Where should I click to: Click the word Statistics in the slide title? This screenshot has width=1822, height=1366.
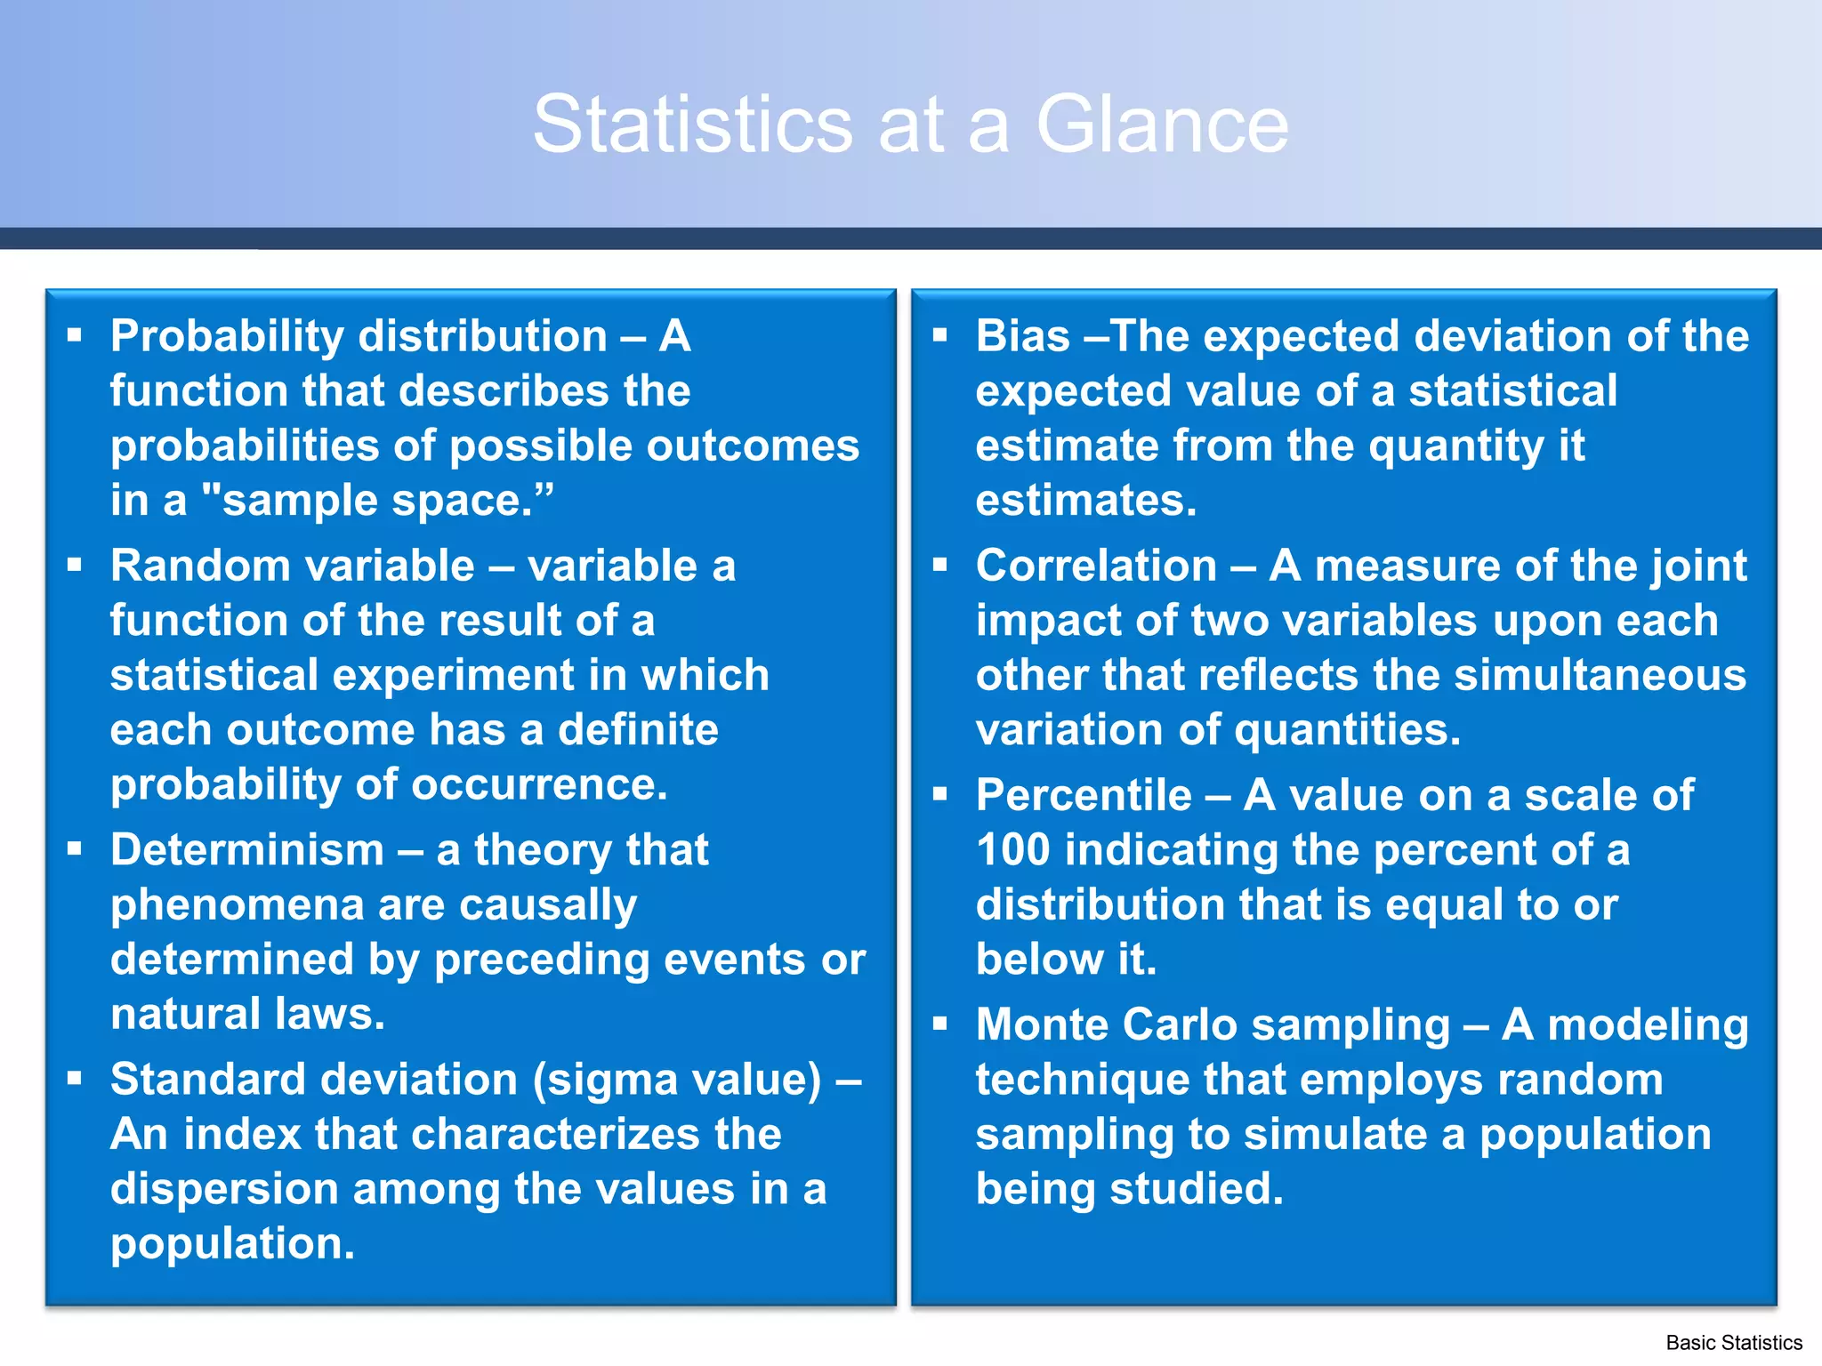[x=692, y=125]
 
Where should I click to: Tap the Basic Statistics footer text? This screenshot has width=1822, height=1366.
[x=1733, y=1342]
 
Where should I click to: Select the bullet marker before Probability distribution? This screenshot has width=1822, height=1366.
[x=75, y=335]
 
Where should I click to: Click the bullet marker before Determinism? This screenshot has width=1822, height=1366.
[x=75, y=849]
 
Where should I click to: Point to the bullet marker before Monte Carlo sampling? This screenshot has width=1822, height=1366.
[x=940, y=1024]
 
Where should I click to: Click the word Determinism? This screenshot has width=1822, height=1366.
[x=246, y=849]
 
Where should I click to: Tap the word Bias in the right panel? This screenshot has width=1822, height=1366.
[x=1022, y=336]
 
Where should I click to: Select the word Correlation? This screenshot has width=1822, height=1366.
[x=1096, y=566]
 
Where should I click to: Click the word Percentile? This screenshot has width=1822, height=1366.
[x=1083, y=795]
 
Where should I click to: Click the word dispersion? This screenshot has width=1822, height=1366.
[x=223, y=1189]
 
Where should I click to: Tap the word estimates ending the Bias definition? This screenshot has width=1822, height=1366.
[x=1085, y=501]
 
